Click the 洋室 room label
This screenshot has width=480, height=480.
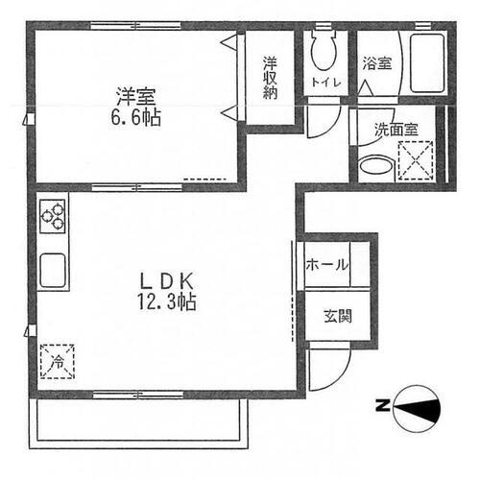tap(136, 97)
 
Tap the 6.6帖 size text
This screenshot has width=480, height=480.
tap(136, 117)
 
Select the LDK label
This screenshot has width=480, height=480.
tap(167, 281)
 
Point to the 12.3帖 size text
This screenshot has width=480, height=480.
tap(167, 301)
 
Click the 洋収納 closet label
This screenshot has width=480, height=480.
tap(270, 78)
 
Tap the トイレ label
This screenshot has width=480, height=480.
tap(326, 83)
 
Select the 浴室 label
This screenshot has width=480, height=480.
tap(377, 63)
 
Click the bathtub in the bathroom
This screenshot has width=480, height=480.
tap(426, 63)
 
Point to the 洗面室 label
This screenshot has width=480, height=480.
tap(396, 130)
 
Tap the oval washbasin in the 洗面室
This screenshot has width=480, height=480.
tap(375, 165)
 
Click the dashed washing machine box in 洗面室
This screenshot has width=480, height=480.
tap(416, 159)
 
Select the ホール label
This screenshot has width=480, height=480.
tap(326, 265)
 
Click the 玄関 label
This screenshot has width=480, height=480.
tap(338, 316)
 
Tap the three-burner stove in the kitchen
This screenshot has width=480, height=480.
tap(53, 216)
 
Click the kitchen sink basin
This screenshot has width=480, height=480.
tap(53, 270)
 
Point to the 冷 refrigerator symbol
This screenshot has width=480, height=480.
tap(58, 362)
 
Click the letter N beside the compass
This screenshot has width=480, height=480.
tap(383, 406)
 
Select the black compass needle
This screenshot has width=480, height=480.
tap(417, 409)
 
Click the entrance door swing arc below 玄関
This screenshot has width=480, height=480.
tap(340, 376)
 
